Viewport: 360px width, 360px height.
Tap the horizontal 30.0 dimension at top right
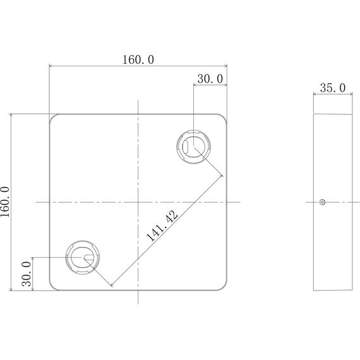210,79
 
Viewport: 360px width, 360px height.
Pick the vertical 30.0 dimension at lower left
26,275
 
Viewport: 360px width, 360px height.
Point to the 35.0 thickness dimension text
332,88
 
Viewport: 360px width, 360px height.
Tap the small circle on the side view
322,202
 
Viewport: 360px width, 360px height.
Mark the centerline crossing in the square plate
137,202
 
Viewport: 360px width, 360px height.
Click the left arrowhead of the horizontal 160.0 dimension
51,66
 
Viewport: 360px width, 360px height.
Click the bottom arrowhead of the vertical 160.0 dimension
11,289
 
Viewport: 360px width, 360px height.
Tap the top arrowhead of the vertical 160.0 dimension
11,116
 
